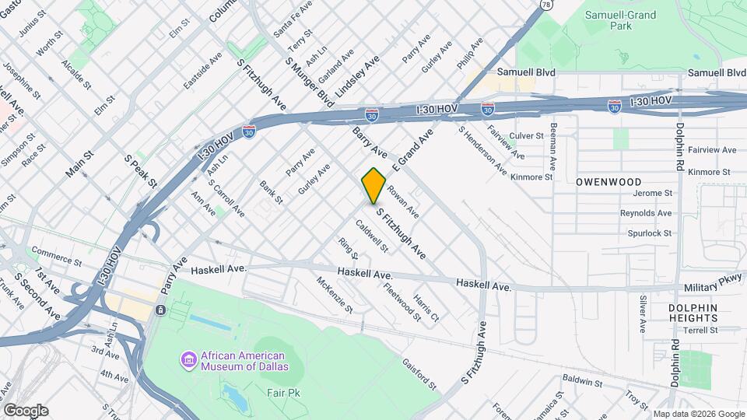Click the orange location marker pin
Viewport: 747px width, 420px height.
374,185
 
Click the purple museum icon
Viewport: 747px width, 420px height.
188,360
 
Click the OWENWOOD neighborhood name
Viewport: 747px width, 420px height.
608,181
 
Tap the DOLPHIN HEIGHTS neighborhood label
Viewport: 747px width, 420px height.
693,313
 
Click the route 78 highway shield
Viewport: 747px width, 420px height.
546,5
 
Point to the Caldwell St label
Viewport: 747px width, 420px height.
371,236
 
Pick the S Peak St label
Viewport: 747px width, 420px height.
141,171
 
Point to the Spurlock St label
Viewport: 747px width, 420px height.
649,233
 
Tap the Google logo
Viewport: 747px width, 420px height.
26,410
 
